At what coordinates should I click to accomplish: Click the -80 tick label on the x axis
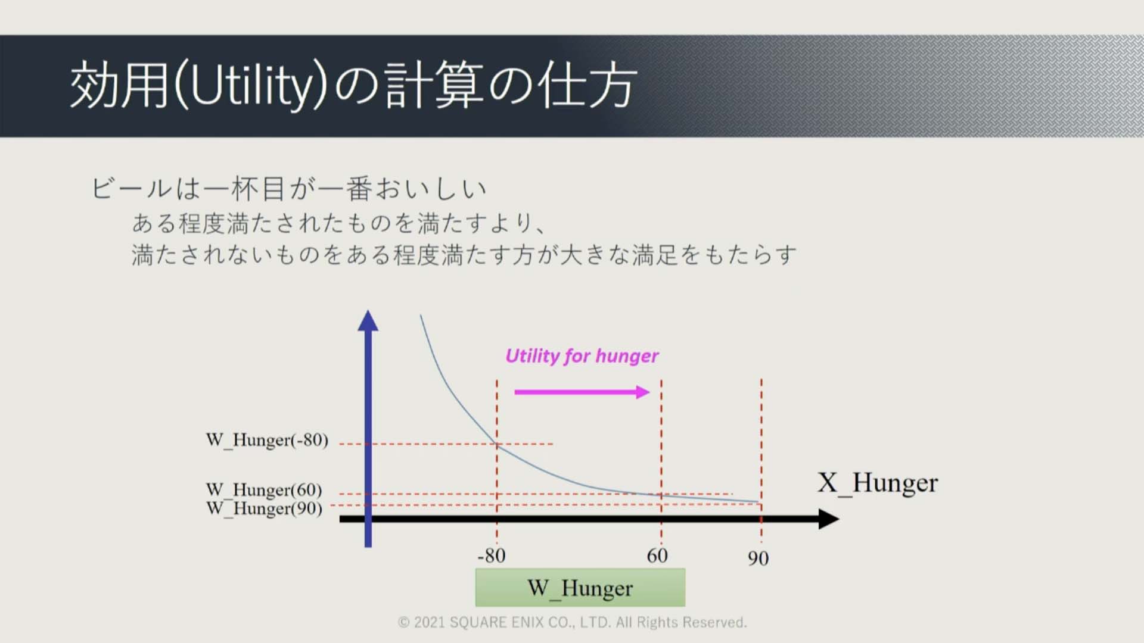(492, 555)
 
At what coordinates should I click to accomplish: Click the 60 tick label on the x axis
(657, 555)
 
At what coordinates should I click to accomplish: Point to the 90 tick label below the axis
(758, 558)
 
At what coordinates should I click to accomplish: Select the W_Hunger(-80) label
(267, 440)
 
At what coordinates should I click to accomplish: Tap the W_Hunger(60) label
(264, 489)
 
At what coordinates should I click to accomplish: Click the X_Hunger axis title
(878, 483)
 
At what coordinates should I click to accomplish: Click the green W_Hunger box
(580, 588)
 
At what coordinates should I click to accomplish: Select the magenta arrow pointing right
(582, 392)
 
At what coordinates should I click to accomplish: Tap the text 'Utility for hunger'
(582, 356)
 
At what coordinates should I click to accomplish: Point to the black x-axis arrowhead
(829, 519)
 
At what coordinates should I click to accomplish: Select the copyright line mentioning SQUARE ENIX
(572, 622)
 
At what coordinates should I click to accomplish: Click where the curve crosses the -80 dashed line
(497, 444)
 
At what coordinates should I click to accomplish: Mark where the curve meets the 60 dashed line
(661, 494)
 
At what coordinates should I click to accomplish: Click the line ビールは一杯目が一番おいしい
(290, 189)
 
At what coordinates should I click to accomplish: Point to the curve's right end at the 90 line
(760, 502)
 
